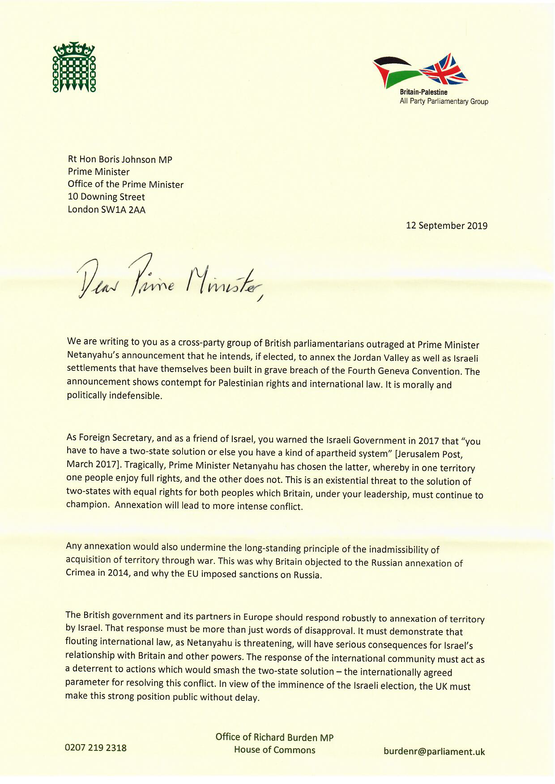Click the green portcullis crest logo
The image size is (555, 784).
pos(74,68)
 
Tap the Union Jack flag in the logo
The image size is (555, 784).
pos(445,70)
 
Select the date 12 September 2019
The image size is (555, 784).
pos(446,225)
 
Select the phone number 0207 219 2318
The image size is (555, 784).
pos(96,747)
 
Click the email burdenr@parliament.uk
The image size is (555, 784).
pos(434,751)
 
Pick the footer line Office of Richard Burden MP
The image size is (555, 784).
pos(274,737)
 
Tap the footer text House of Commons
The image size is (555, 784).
pos(274,750)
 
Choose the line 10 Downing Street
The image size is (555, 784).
pos(106,197)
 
